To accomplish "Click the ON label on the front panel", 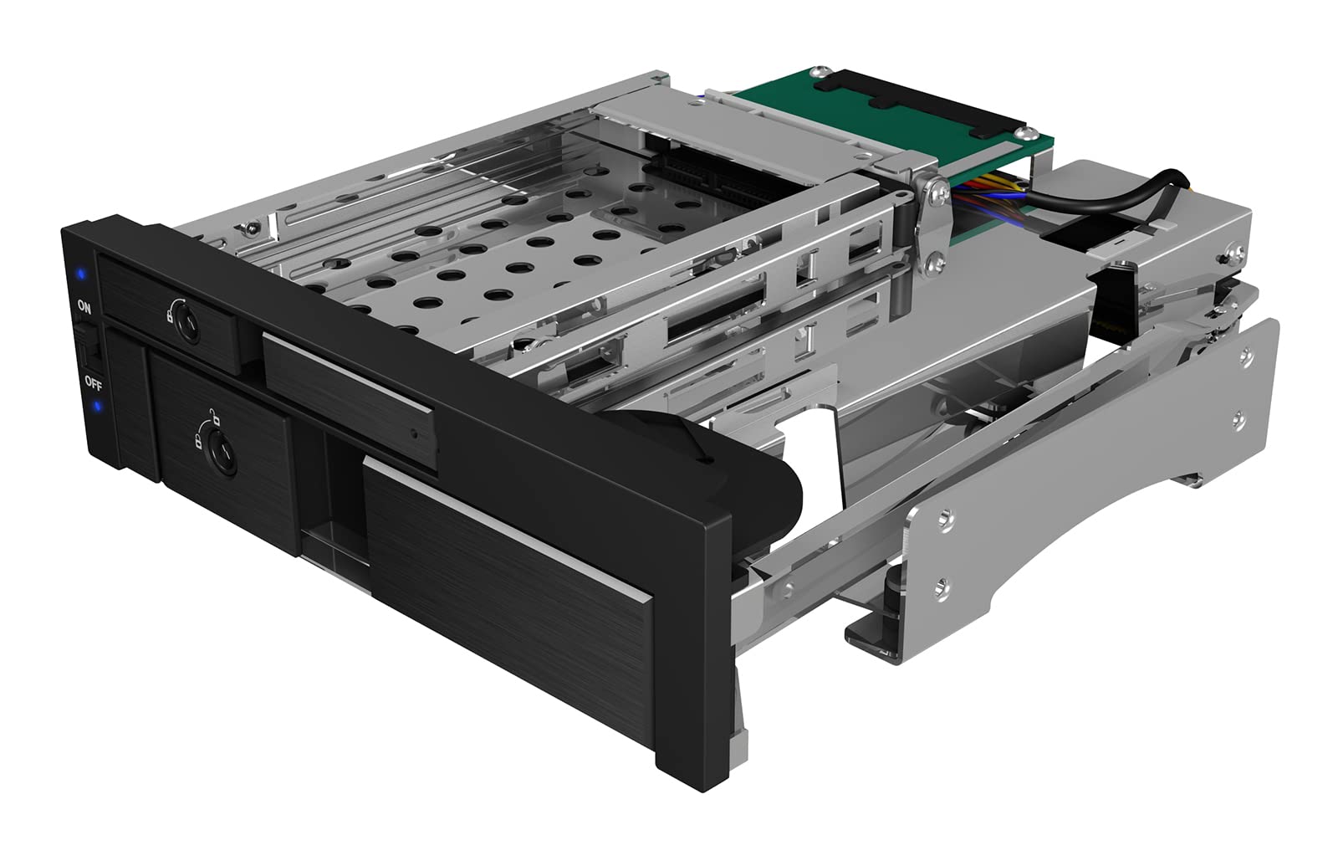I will (84, 306).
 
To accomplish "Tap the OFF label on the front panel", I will (92, 384).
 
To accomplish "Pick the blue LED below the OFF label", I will (98, 407).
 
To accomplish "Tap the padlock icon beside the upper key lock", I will (170, 316).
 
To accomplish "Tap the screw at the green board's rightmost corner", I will (1021, 131).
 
